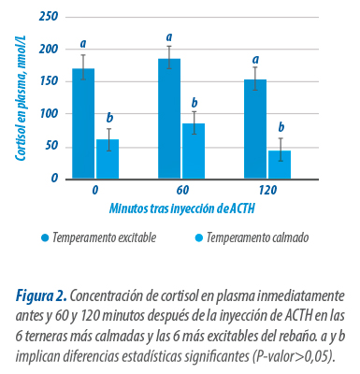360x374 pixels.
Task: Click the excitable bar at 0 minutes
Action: [83, 123]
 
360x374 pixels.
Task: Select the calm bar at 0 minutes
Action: [108, 159]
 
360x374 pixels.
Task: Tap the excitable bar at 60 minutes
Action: [169, 119]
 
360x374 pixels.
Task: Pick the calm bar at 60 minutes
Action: [194, 151]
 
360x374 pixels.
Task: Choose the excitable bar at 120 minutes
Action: [255, 129]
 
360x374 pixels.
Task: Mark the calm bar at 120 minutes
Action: [280, 165]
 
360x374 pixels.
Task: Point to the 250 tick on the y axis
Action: [49, 16]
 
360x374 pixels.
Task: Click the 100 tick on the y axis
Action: [49, 114]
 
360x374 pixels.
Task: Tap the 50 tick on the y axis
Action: [51, 147]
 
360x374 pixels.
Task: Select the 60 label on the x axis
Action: [182, 190]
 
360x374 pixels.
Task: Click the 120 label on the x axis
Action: [267, 190]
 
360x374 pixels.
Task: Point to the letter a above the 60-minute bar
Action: [169, 37]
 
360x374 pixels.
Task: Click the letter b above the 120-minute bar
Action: [281, 127]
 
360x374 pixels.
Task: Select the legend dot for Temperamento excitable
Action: [45, 238]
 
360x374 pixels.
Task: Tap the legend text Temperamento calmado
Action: [257, 237]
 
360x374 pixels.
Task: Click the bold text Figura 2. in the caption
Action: [41, 296]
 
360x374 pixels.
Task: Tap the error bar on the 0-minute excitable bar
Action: [83, 67]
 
